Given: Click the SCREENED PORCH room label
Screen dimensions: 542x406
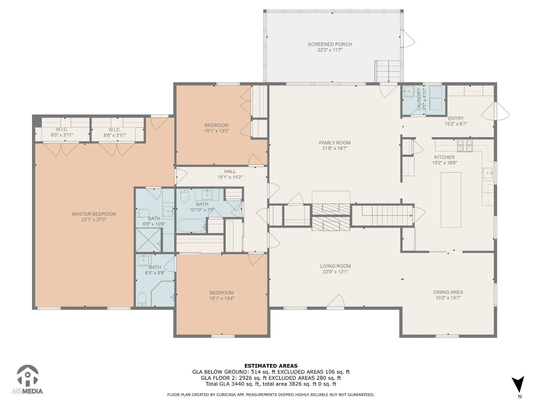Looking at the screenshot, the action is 330,44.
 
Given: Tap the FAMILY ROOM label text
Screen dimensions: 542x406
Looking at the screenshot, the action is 335,143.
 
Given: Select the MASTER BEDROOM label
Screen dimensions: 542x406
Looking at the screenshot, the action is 94,214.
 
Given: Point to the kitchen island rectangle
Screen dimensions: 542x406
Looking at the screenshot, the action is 451,200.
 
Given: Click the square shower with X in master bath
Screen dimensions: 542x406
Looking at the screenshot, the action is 148,240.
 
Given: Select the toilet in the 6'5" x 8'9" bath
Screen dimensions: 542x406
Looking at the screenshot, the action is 142,299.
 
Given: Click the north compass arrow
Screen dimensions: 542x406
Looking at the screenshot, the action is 518,384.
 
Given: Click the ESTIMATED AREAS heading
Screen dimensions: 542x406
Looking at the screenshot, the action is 271,366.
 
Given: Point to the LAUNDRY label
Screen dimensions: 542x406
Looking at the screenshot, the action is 419,99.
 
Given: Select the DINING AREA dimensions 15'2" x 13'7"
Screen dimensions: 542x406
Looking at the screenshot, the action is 448,298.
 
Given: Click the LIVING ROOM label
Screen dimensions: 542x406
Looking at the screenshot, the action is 335,266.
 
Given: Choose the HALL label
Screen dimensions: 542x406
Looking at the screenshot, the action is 230,172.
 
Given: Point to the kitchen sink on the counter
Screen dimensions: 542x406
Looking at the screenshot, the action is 487,173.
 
